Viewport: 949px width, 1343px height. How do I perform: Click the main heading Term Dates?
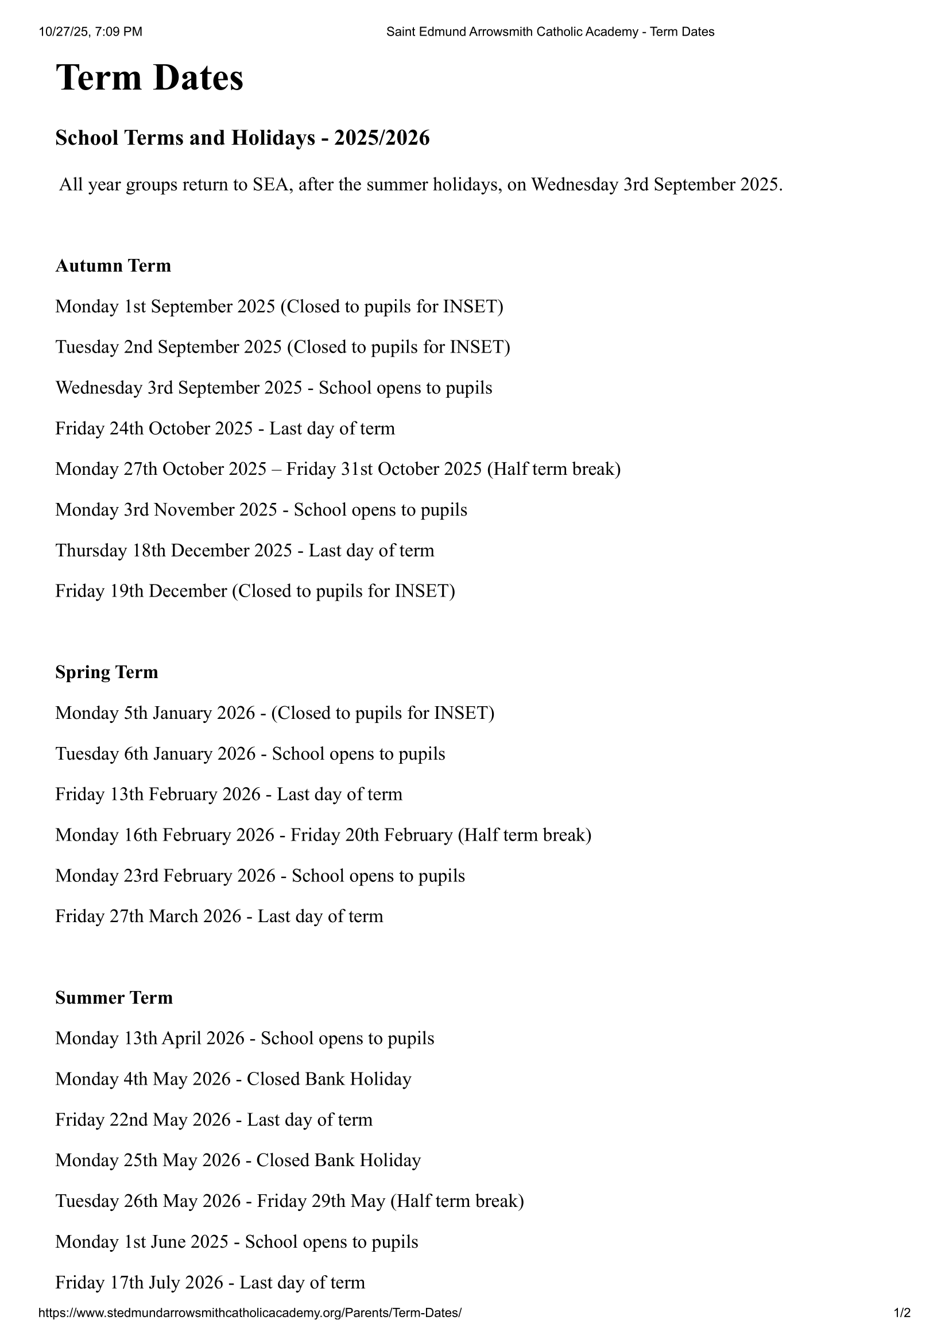coord(149,78)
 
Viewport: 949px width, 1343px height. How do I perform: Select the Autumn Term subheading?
coord(113,266)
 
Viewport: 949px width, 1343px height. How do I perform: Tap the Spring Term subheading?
coord(106,672)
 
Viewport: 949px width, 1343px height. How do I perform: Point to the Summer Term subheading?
coord(114,997)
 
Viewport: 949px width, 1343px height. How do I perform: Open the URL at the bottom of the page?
coord(250,1313)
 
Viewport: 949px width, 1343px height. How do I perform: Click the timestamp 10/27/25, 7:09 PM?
coord(91,32)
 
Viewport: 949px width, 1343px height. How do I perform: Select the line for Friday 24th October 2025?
coord(225,429)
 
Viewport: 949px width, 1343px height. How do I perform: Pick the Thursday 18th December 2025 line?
coord(245,551)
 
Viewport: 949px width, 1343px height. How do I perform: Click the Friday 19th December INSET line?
coord(255,591)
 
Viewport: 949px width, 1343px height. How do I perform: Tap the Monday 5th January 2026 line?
coord(275,713)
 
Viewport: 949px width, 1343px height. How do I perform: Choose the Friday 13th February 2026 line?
coord(228,794)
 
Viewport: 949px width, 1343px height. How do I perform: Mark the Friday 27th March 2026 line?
coord(219,916)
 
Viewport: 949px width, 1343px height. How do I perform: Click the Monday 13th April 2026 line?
coord(245,1038)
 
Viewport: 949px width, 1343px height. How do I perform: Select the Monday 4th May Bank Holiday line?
coord(233,1079)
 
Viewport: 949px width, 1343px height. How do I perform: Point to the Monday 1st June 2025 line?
coord(237,1241)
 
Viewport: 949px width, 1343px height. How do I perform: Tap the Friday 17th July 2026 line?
coord(210,1282)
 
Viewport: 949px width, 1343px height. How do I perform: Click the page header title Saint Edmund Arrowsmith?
coord(549,32)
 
